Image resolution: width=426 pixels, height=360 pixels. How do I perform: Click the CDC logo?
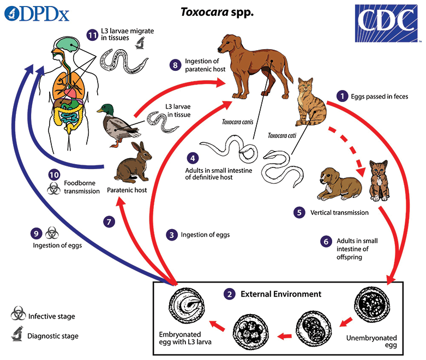coord(386,23)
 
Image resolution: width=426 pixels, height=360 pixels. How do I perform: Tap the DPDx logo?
coord(37,14)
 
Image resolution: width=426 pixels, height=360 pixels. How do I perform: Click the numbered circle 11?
coord(92,35)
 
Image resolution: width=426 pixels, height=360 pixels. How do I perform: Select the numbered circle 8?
coord(176,65)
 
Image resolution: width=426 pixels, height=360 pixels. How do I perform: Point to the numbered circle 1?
coord(343,96)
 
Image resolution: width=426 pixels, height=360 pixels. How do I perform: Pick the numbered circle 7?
coord(109,222)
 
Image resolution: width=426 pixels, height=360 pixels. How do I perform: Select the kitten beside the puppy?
coord(379,181)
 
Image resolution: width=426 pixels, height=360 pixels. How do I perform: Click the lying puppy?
coord(339,184)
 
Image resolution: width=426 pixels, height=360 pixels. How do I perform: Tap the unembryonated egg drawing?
coord(371,304)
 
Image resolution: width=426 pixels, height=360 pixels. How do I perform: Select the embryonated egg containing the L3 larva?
coord(187,305)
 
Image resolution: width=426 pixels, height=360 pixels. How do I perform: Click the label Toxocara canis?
coord(237,122)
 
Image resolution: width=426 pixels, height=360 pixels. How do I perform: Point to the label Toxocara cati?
coord(282,136)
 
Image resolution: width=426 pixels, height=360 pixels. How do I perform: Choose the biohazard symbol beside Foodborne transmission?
coord(54,188)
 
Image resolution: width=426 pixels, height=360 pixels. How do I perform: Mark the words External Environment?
coord(281,294)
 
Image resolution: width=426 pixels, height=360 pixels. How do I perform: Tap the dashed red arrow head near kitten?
coord(361,171)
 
